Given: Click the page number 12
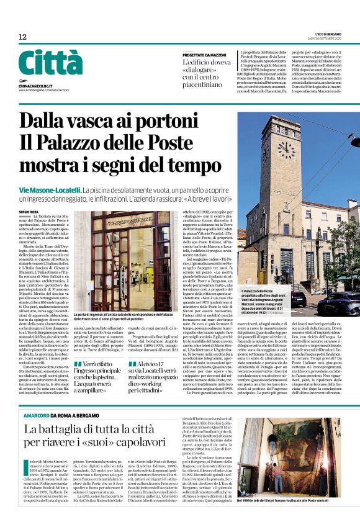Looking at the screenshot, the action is click(x=22, y=38).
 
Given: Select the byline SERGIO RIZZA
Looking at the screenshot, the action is click(x=30, y=212).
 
